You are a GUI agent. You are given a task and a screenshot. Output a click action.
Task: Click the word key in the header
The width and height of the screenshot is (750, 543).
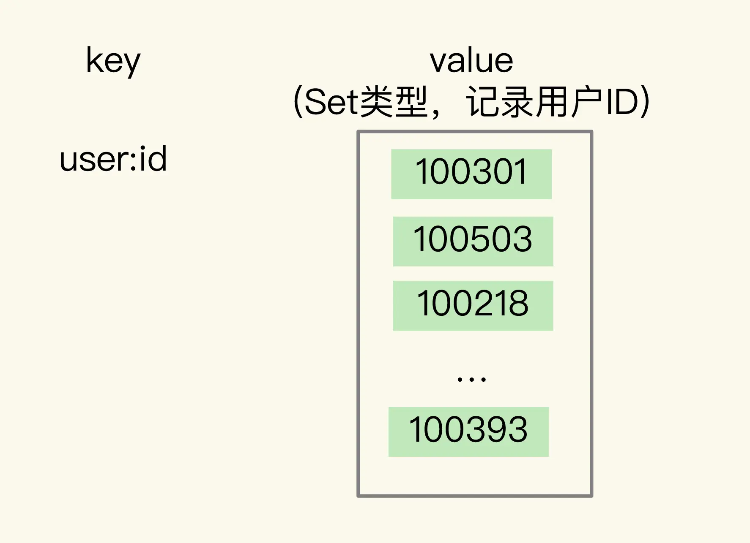tap(113, 61)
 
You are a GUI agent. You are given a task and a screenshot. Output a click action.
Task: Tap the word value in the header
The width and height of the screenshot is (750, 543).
tap(471, 61)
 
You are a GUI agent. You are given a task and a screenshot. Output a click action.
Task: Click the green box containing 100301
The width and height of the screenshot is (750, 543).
tap(471, 174)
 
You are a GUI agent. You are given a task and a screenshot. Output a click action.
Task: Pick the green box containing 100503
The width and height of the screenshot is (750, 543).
tap(473, 241)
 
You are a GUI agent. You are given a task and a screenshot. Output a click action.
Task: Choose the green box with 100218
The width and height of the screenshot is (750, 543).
tap(473, 305)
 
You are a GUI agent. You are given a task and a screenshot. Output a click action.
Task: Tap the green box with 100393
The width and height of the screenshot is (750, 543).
tap(468, 432)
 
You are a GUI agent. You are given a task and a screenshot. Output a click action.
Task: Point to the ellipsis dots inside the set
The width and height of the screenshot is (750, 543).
tap(472, 379)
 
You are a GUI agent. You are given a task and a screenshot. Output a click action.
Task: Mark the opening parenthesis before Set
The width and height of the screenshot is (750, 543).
tap(298, 102)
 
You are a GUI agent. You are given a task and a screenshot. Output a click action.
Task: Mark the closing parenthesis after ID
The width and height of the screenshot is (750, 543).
tap(645, 102)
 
